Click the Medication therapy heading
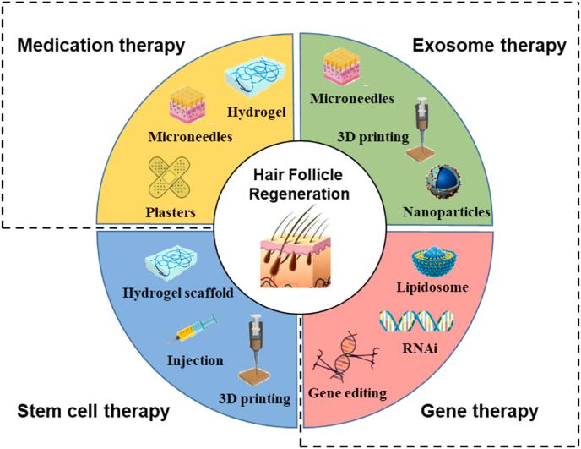click(100, 46)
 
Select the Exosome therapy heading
click(489, 46)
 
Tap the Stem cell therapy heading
click(94, 412)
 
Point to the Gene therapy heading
click(480, 412)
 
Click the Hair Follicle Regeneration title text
click(300, 184)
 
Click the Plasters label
click(171, 212)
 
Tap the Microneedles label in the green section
click(352, 98)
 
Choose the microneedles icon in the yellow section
click(187, 105)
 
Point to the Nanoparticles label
click(447, 212)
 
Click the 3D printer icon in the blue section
click(255, 349)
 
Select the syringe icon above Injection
click(196, 328)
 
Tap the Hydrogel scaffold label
click(178, 293)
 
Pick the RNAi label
click(420, 348)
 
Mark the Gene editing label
click(347, 393)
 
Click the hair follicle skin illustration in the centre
click(296, 252)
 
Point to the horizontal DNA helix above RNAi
click(416, 321)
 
